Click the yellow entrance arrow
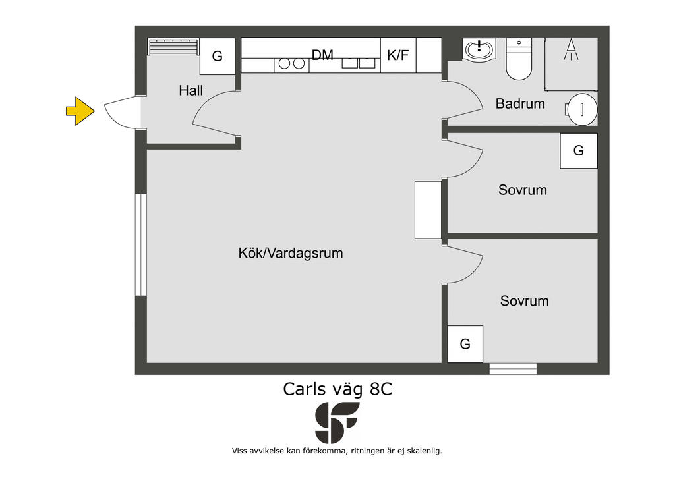click(x=80, y=111)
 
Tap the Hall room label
click(x=191, y=90)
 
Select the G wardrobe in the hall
click(x=218, y=57)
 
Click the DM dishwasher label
click(x=322, y=55)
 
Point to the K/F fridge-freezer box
click(x=398, y=55)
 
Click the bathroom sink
click(x=479, y=50)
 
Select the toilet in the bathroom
click(x=519, y=59)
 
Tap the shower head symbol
click(x=572, y=49)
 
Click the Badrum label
click(x=520, y=103)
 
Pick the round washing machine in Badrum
click(x=581, y=109)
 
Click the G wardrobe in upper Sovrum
click(x=579, y=150)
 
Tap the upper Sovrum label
click(x=523, y=190)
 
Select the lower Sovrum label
click(x=524, y=300)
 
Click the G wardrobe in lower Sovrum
click(x=465, y=344)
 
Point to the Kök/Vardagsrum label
click(x=291, y=253)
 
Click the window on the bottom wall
click(x=513, y=369)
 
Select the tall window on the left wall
click(x=141, y=245)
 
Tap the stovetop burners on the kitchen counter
click(x=291, y=64)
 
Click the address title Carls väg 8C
click(x=337, y=389)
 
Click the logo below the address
click(x=337, y=423)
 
